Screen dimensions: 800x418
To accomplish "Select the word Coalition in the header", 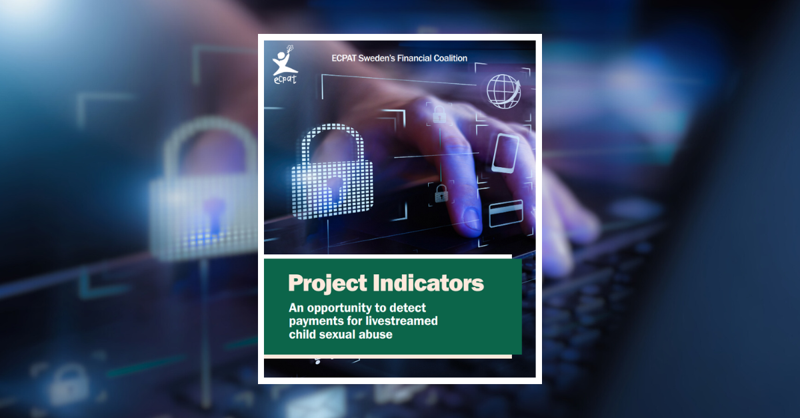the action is (x=450, y=58).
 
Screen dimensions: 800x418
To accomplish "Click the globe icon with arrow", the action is (x=503, y=91).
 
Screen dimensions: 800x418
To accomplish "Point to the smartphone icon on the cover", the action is (x=505, y=153).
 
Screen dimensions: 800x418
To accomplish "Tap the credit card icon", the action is (x=506, y=213).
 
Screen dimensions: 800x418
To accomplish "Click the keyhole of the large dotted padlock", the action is (x=335, y=188).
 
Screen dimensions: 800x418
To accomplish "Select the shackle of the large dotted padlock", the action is (x=333, y=142).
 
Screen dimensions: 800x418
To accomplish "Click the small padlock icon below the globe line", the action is (x=439, y=114).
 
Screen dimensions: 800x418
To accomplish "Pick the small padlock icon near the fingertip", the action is (x=441, y=194).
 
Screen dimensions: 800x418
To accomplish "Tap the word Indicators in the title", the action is (x=428, y=283).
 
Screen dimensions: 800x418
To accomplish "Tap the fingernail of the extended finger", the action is (x=471, y=218).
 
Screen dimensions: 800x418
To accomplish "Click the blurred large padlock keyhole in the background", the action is (x=214, y=215).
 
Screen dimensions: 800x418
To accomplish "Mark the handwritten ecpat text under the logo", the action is (x=285, y=79).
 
